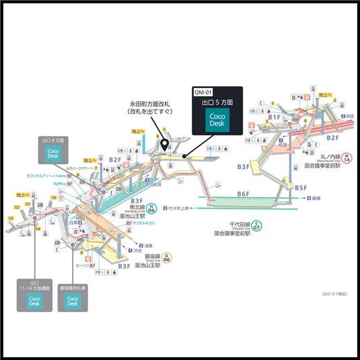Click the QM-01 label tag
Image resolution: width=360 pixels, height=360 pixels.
203,92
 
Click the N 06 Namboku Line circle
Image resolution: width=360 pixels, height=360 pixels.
151,209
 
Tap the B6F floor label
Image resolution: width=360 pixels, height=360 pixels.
243,194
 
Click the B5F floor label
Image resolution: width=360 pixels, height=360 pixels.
300,188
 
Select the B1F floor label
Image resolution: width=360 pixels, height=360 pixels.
275,118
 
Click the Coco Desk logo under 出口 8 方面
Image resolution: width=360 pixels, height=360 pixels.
53,154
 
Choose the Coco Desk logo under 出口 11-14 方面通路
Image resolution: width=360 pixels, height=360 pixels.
34,302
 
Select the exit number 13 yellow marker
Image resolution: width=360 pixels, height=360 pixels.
12,218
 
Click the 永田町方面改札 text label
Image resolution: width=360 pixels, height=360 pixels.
151,104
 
